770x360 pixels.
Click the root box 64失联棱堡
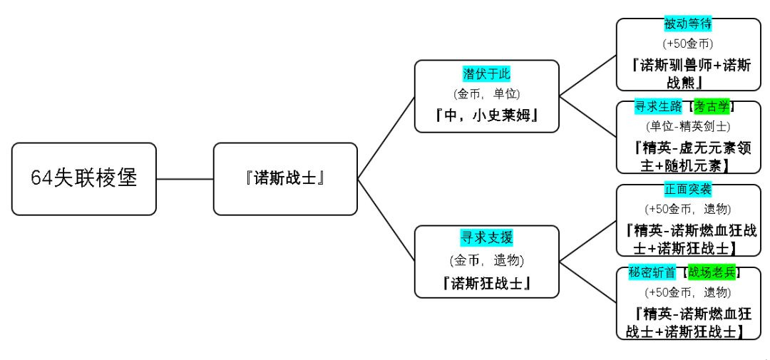pos(83,178)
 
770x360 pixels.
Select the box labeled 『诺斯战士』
pos(285,178)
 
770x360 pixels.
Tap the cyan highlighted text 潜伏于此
pos(487,74)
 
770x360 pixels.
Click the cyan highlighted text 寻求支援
pos(487,237)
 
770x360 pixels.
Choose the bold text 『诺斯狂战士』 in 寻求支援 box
pos(487,283)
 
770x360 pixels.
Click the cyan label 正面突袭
pos(688,190)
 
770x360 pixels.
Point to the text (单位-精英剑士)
pos(687,127)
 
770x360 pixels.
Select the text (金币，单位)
pos(487,94)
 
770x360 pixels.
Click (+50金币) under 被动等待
pos(688,44)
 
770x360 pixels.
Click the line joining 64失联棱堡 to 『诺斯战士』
pos(185,178)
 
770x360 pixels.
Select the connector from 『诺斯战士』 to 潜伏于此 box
pos(386,138)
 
